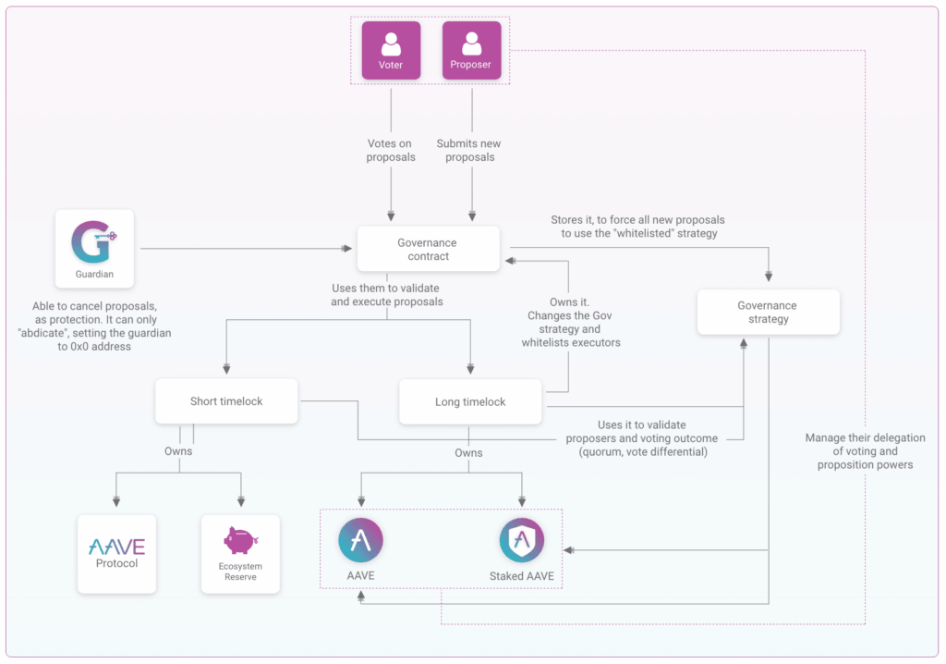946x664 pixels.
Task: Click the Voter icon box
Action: point(391,51)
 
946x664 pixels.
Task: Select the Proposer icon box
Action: point(471,51)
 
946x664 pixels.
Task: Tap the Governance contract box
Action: point(427,250)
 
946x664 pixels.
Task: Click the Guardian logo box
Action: point(94,249)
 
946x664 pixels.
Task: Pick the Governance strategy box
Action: point(768,312)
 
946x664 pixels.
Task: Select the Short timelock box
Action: point(226,401)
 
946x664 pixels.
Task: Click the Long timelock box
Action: point(470,402)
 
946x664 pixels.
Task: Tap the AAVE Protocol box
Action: point(116,553)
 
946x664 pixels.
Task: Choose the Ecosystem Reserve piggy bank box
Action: point(240,553)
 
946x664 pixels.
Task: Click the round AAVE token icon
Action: point(360,540)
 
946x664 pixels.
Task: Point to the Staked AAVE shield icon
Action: point(522,540)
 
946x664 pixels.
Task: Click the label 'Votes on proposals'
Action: point(391,150)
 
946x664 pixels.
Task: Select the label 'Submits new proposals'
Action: point(470,150)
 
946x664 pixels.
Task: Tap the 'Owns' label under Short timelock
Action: point(178,452)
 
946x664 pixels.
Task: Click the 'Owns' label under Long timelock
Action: point(468,453)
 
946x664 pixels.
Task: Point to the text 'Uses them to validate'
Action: point(387,289)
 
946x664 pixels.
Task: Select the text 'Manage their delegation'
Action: point(865,438)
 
